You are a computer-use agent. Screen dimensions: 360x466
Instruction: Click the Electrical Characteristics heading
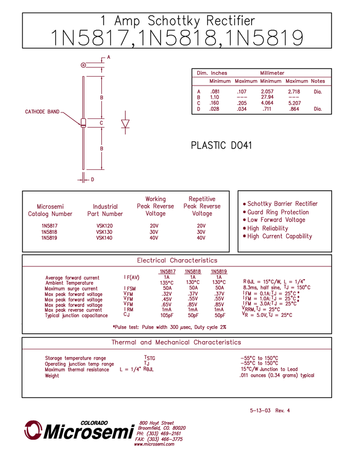pos(177,260)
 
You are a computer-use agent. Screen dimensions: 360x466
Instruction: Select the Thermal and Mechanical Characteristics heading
pos(176,342)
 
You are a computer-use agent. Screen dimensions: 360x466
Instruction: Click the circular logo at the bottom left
pos(33,429)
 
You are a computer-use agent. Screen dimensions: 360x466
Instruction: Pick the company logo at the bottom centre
pos(159,430)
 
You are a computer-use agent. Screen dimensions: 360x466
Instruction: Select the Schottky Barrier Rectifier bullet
pos(280,203)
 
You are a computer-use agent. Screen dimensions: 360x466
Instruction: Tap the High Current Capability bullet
pos(277,236)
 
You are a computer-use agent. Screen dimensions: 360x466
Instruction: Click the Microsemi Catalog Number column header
pos(50,210)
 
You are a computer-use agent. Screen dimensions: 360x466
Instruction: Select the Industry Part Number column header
pos(101,210)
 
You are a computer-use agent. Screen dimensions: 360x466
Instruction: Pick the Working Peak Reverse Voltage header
pos(155,206)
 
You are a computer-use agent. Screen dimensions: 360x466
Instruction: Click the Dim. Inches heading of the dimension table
pos(212,72)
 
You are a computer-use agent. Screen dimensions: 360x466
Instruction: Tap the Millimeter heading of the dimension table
pos(272,72)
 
